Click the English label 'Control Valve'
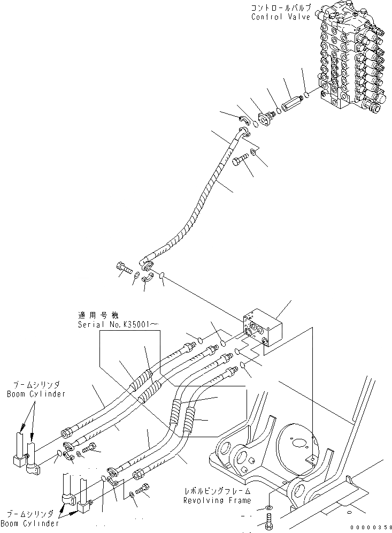click(280, 17)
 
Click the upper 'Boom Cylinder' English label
click(36, 394)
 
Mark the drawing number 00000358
click(371, 527)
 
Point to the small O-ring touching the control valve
click(305, 96)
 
